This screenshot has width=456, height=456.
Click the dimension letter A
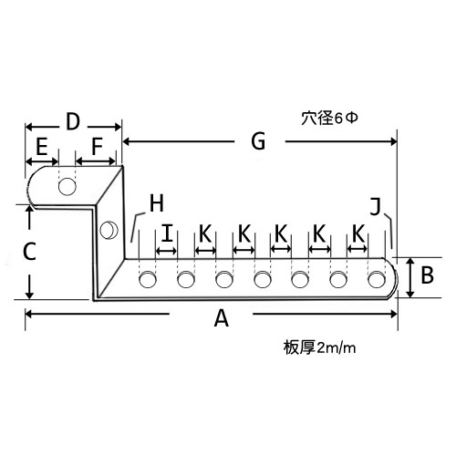point(222,318)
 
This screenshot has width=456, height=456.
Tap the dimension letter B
point(427,275)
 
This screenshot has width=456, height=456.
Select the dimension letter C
point(30,252)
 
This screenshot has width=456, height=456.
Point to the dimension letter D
point(73,121)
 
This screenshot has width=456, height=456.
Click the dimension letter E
point(42,146)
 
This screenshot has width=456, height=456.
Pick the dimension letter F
point(97,146)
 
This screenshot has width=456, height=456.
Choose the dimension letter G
point(258,141)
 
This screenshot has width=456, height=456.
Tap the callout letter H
point(157,203)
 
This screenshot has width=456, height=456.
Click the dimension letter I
point(167,233)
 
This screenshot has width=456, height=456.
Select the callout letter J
point(376,206)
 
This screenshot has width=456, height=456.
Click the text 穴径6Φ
point(329,118)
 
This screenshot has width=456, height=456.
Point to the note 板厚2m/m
point(319,347)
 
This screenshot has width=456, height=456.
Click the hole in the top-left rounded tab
point(67,186)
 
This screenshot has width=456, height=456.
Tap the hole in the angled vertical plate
point(109,230)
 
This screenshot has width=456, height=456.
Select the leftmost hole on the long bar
point(148,279)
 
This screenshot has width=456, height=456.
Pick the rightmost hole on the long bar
point(377,279)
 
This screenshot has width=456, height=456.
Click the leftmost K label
point(205,233)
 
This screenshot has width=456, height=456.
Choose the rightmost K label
point(358,233)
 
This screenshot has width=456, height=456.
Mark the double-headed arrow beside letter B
point(410,277)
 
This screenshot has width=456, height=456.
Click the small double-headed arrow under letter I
point(166,251)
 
